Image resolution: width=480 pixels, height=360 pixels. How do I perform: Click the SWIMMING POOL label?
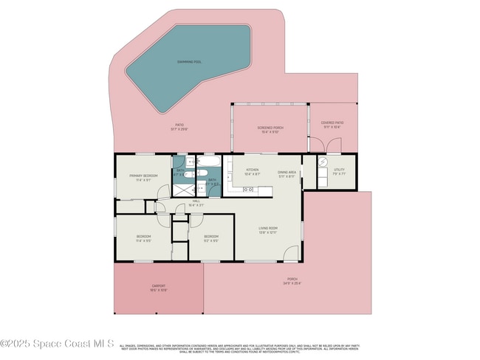tap(189, 62)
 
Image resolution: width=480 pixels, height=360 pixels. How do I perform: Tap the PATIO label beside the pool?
tap(179, 125)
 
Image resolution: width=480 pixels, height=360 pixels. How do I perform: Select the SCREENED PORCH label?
tap(270, 128)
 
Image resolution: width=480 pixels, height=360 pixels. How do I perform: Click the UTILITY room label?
tap(339, 170)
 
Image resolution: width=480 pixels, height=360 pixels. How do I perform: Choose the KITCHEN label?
tap(253, 170)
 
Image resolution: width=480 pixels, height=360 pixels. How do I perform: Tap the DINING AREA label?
tap(287, 170)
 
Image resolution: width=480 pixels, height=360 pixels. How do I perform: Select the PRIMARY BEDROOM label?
tap(140, 176)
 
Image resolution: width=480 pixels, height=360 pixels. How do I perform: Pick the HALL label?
tap(196, 200)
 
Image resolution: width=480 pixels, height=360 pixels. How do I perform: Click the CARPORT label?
tap(159, 286)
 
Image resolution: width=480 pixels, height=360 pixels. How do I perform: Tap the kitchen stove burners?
tap(249, 190)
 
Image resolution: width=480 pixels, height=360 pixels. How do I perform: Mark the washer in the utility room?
tap(323, 164)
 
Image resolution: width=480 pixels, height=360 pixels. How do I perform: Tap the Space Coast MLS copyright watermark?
tap(57, 343)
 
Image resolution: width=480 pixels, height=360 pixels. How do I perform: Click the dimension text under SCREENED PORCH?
tap(270, 132)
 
